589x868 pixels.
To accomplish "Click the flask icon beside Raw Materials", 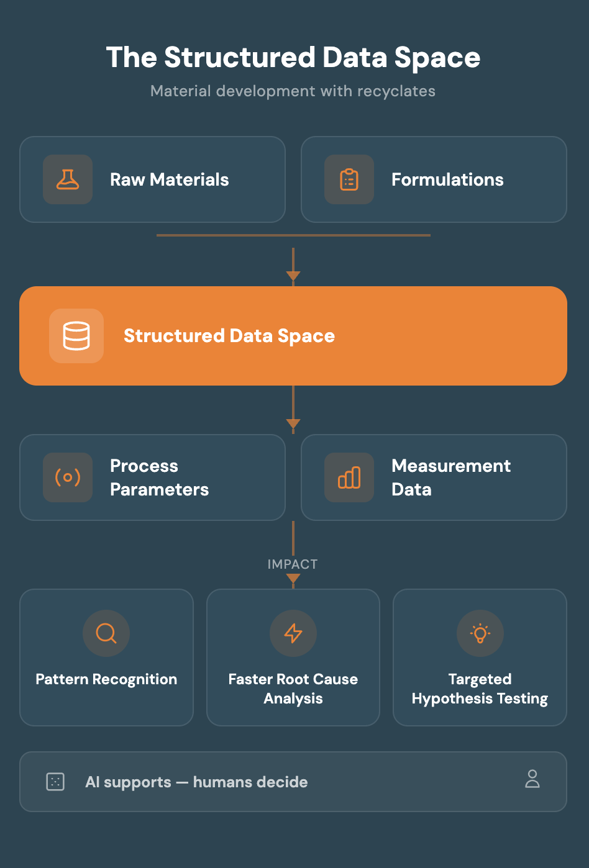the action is pyautogui.click(x=68, y=179).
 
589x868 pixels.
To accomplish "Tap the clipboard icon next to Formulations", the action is pyautogui.click(x=349, y=179).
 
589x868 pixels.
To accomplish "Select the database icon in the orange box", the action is pyautogui.click(x=76, y=335).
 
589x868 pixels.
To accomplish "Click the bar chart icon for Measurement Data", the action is pyautogui.click(x=349, y=477).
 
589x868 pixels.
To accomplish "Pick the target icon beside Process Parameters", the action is pyautogui.click(x=68, y=477).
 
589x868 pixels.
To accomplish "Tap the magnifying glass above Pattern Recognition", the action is pyautogui.click(x=106, y=633).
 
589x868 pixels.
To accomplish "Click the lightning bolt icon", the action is pyautogui.click(x=293, y=633).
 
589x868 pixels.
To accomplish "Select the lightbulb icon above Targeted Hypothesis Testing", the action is pyautogui.click(x=480, y=633).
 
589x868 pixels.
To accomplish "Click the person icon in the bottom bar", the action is pyautogui.click(x=532, y=779).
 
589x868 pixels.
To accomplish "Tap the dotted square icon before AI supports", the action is pyautogui.click(x=55, y=782).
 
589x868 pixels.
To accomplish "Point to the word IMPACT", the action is pyautogui.click(x=293, y=564).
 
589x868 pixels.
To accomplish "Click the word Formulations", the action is pyautogui.click(x=447, y=179).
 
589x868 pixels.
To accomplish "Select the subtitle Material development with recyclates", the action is pyautogui.click(x=293, y=91).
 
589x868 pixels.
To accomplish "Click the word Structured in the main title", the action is pyautogui.click(x=240, y=57).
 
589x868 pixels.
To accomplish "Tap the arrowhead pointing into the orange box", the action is pyautogui.click(x=293, y=276).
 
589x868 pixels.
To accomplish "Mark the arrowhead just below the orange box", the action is pyautogui.click(x=293, y=423).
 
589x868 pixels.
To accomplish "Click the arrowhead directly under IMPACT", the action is pyautogui.click(x=293, y=579).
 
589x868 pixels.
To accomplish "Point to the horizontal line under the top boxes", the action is pyautogui.click(x=293, y=235).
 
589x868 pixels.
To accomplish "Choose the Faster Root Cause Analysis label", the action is pyautogui.click(x=293, y=689).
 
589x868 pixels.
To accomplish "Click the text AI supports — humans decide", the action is pyautogui.click(x=196, y=782).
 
